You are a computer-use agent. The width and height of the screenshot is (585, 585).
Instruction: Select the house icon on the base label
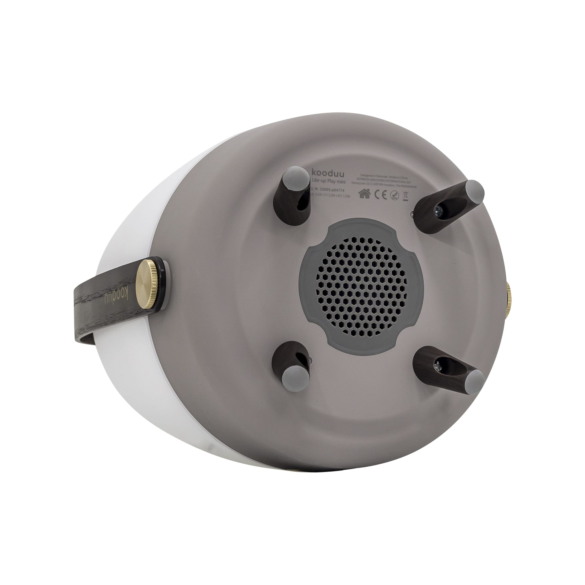(364, 194)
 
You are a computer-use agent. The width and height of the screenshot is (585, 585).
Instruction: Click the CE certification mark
(380, 195)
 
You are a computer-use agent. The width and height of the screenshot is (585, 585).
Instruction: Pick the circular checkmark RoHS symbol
(394, 196)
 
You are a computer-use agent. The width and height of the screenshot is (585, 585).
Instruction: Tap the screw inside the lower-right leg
(438, 365)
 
